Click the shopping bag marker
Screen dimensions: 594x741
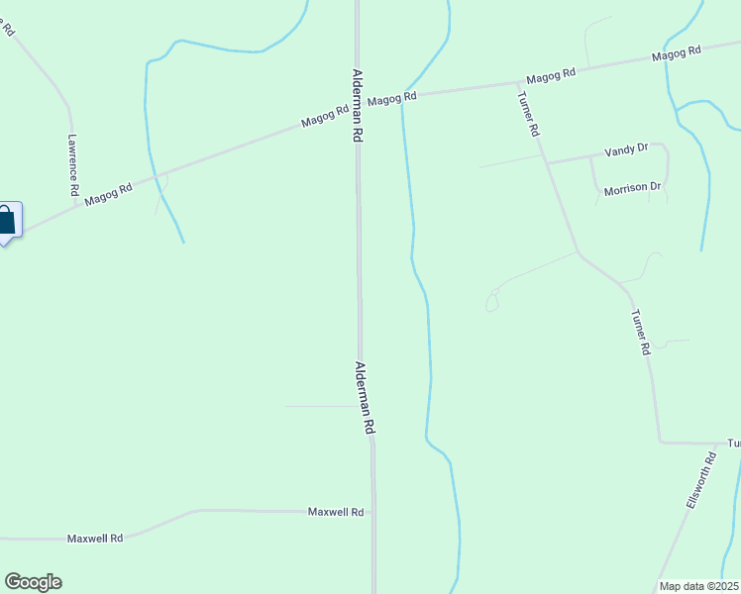tap(8, 220)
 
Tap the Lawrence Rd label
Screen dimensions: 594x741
tap(73, 165)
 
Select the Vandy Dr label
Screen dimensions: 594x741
tap(626, 149)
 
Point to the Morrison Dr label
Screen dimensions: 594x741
tap(632, 187)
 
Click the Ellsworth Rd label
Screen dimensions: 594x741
tap(700, 481)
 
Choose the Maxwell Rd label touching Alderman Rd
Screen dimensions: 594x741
tap(336, 512)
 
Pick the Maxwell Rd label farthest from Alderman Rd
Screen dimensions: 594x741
tap(95, 539)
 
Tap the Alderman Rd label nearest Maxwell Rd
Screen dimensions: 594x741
tap(365, 397)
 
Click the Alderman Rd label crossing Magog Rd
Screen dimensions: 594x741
tap(357, 107)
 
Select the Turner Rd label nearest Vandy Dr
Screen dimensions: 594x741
tap(529, 114)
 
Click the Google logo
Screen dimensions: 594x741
tap(33, 582)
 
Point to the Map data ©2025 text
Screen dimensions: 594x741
tap(698, 586)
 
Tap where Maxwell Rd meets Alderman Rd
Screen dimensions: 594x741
tap(372, 512)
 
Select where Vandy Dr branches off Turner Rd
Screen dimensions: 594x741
tap(546, 162)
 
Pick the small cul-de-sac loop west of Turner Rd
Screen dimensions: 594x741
tap(491, 301)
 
